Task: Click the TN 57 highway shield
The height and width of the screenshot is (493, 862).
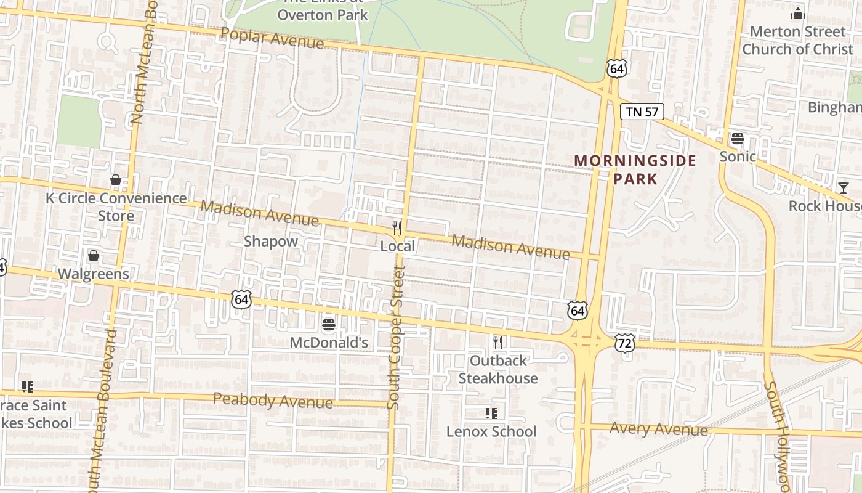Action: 642,112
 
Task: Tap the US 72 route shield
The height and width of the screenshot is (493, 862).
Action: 624,343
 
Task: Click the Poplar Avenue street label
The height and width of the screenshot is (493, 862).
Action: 272,38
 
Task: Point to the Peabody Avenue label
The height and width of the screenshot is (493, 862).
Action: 273,401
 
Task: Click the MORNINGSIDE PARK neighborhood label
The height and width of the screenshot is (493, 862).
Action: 635,169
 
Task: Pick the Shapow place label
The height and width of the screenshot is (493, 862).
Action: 271,241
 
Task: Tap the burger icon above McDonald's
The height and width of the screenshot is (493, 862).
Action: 329,324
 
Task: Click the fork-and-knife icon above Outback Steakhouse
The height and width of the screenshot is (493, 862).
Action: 498,342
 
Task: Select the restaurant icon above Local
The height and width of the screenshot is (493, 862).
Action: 397,227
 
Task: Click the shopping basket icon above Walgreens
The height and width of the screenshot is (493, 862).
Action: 94,256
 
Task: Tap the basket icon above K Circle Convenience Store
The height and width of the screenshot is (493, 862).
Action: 115,180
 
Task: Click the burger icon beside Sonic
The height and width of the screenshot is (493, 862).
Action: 738,138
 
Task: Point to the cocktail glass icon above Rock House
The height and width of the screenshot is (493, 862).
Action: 843,188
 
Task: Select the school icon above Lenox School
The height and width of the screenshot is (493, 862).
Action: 491,413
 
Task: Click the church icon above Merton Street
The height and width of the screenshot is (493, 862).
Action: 798,13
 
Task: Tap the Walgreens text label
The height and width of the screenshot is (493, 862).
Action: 94,274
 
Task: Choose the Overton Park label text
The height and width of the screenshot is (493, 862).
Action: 322,14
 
